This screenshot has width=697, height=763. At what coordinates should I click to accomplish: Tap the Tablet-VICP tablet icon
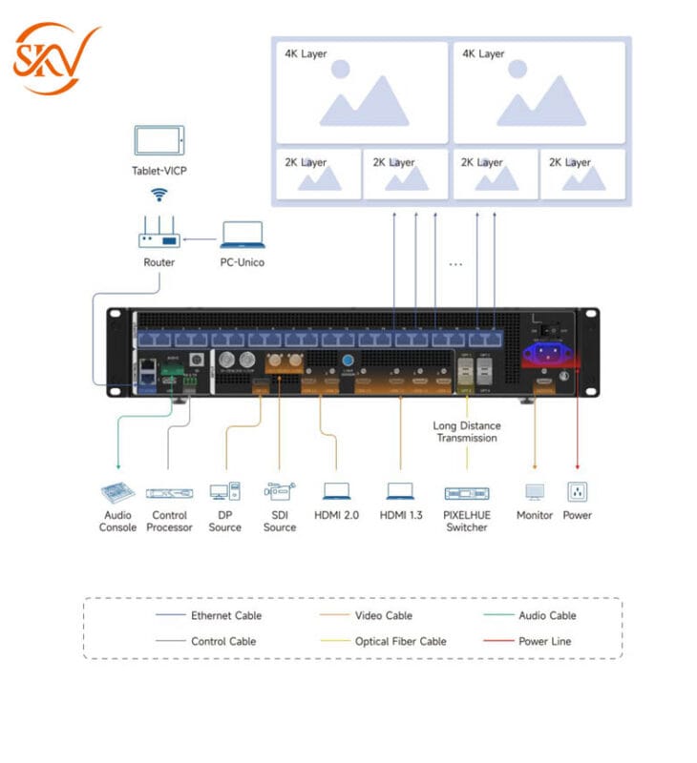159,142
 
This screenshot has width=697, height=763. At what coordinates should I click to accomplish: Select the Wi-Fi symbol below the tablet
159,195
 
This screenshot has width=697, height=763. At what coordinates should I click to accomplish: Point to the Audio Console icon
118,493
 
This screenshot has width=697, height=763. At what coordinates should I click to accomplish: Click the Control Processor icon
169,493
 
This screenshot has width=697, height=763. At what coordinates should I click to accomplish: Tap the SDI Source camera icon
279,492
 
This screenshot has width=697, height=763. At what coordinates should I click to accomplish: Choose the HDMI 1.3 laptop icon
400,492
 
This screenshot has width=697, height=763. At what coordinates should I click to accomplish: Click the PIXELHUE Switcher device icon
467,493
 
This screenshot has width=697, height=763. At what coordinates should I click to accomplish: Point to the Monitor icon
535,492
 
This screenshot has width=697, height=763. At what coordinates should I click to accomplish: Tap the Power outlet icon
577,492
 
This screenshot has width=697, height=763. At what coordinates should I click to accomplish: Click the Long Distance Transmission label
467,431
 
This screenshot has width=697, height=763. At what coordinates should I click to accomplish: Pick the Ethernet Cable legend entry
225,615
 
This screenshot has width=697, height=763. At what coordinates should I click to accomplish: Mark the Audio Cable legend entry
547,615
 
